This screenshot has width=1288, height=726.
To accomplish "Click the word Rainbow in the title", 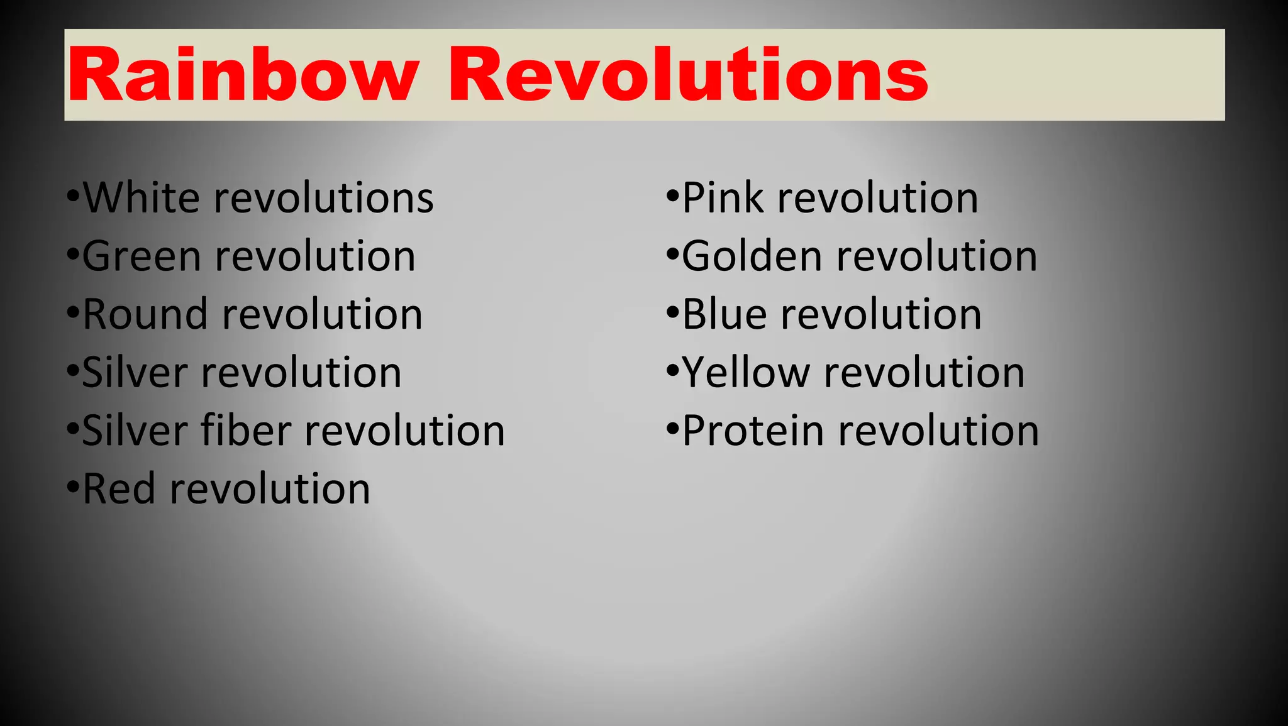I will pos(243,75).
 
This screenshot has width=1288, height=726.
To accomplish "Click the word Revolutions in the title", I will pos(687,75).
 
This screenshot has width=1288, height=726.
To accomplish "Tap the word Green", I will pos(142,256).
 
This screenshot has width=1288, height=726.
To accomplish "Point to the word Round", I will pos(145,314).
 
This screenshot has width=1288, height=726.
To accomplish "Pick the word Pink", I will pos(723,198).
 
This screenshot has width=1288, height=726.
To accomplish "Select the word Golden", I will pos(752,256).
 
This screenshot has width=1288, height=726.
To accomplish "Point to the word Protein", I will pos(753,431).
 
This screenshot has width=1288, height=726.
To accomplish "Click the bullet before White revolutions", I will pos(73,197).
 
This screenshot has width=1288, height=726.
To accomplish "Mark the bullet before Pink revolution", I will pos(673,197).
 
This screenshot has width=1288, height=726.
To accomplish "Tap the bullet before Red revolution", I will pos(73,488).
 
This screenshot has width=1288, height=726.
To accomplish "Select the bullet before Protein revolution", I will pos(673,429).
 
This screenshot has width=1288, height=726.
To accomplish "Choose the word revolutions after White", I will pos(323,198).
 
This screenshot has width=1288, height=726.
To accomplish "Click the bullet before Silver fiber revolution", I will pos(73,429).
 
